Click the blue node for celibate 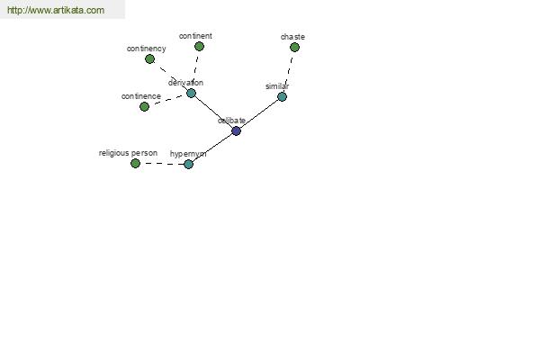pos(236,130)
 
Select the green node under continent pos(199,46)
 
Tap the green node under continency pos(149,58)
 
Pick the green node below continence pos(144,107)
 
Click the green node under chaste pos(294,47)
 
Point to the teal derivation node pos(191,93)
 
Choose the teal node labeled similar pos(282,97)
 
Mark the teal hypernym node pos(188,164)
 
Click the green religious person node pos(135,163)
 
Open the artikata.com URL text pos(56,10)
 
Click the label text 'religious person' pos(128,153)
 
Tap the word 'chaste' pos(292,37)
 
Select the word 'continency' pos(147,49)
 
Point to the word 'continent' pos(195,36)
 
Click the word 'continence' pos(141,96)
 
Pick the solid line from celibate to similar pos(259,113)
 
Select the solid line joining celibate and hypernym pos(212,148)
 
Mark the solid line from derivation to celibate pos(213,112)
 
